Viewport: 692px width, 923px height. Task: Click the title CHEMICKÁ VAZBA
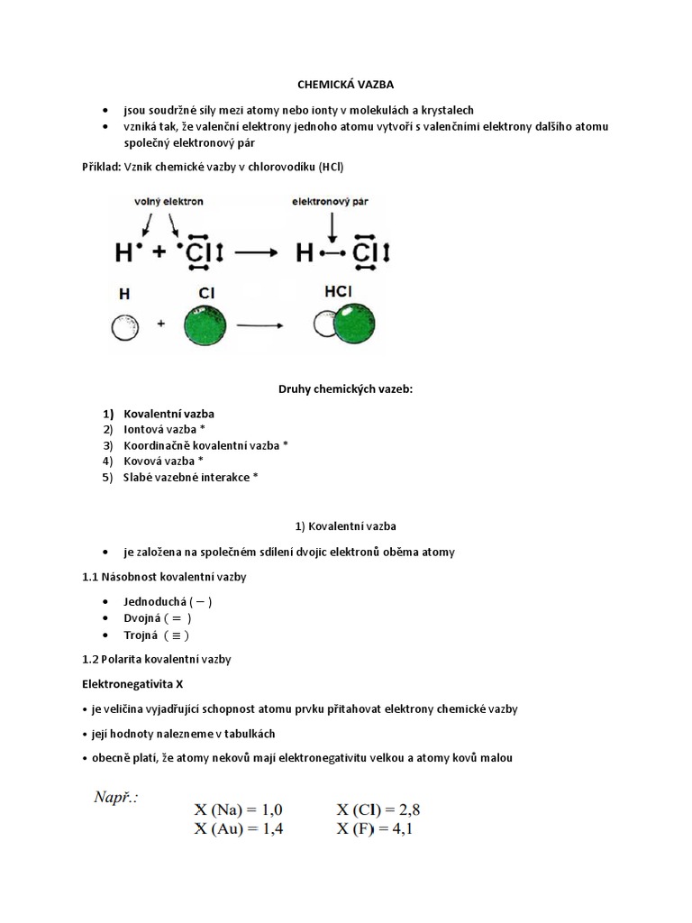346,84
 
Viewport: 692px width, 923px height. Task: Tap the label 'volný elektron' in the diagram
169,204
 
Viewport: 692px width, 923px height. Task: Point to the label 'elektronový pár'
332,204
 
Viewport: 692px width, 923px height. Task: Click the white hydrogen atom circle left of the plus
123,328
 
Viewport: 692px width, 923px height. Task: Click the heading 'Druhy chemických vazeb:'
346,389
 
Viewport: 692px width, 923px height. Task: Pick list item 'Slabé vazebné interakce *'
190,478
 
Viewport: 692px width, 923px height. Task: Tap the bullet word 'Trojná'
142,635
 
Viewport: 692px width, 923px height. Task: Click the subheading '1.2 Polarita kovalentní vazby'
157,659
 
